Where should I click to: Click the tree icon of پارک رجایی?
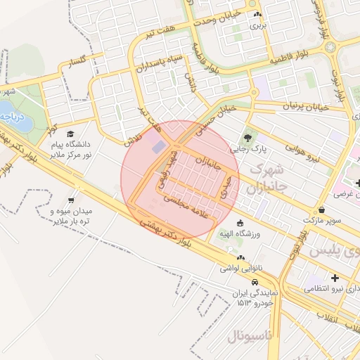(247, 138)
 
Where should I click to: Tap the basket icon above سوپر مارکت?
(321, 210)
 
